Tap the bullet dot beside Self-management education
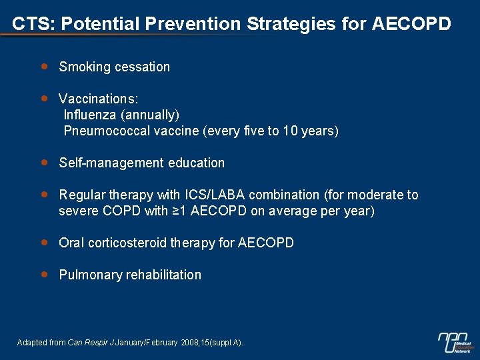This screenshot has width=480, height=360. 44,162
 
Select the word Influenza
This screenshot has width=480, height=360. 86,115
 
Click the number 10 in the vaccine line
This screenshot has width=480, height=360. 289,131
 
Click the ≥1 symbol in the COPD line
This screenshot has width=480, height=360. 181,211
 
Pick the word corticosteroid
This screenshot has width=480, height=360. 127,243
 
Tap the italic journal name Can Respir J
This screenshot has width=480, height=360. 91,343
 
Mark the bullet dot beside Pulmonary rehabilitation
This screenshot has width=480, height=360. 44,274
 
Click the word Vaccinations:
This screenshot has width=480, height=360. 99,99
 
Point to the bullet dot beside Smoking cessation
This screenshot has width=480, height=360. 44,66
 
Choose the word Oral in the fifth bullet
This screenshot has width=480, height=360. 71,243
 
